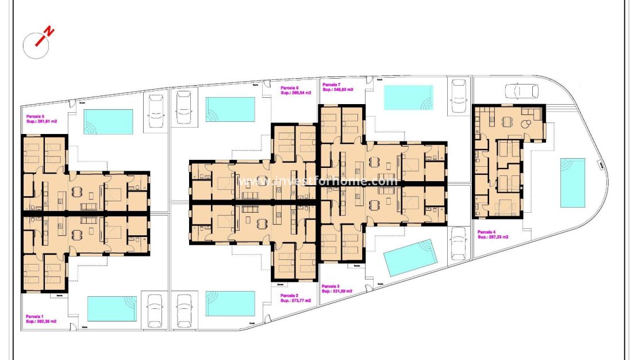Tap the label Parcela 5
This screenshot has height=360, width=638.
pyautogui.click(x=35, y=116)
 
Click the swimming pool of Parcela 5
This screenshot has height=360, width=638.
pyautogui.click(x=108, y=121)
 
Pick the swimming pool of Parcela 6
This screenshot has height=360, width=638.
pyautogui.click(x=230, y=109)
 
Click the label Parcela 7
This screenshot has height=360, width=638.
pyautogui.click(x=332, y=85)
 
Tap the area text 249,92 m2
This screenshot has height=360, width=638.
pyautogui.click(x=341, y=90)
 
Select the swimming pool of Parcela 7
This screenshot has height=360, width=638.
pyautogui.click(x=409, y=97)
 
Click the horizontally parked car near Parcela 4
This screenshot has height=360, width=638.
pyautogui.click(x=521, y=91)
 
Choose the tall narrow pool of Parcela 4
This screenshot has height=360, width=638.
pyautogui.click(x=572, y=182)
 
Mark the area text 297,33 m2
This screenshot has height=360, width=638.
pyautogui.click(x=497, y=236)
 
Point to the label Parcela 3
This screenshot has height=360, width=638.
pyautogui.click(x=330, y=286)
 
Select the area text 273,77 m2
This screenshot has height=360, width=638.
pyautogui.click(x=300, y=301)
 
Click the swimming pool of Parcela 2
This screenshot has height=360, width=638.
pyautogui.click(x=230, y=303)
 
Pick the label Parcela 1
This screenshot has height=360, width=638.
pyautogui.click(x=34, y=316)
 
